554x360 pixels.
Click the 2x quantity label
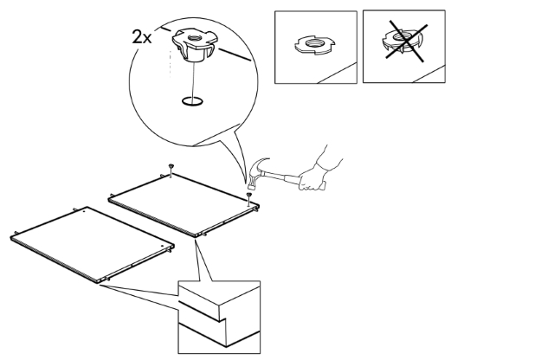142,36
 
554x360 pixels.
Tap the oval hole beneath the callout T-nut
192,101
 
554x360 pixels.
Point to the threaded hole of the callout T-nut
193,37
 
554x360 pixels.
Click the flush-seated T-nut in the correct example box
315,44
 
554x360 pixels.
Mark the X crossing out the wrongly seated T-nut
407,41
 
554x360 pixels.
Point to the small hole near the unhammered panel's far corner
83,213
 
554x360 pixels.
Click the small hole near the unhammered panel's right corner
162,246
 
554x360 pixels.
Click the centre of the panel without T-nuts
92,244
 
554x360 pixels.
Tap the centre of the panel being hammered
184,204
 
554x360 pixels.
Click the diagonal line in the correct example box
337,74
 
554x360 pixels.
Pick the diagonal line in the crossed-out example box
428,74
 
